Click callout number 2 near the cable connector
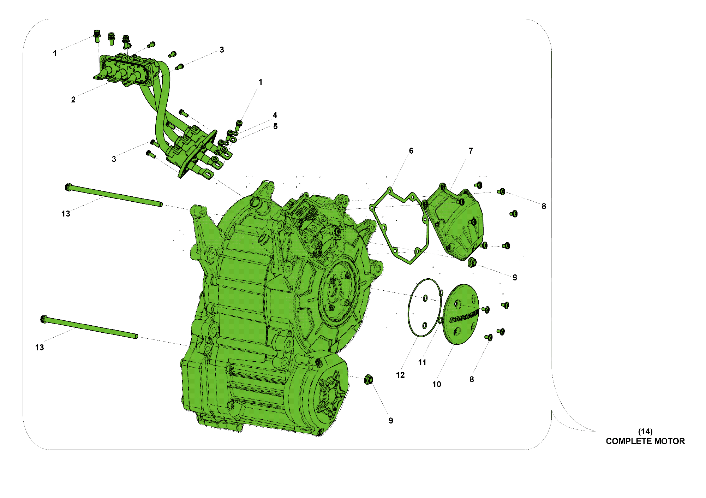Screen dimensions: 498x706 73,100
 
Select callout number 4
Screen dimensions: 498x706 275,115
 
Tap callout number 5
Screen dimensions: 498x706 275,126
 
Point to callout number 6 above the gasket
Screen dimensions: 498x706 411,151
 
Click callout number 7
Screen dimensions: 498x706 471,151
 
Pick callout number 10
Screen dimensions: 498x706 437,384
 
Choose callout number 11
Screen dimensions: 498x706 422,362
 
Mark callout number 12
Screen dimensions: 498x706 400,375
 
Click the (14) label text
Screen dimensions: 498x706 645,431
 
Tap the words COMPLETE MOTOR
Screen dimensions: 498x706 645,441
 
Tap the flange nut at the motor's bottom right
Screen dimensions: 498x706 369,380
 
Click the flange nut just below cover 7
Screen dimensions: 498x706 472,262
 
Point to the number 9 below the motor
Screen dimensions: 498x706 391,421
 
